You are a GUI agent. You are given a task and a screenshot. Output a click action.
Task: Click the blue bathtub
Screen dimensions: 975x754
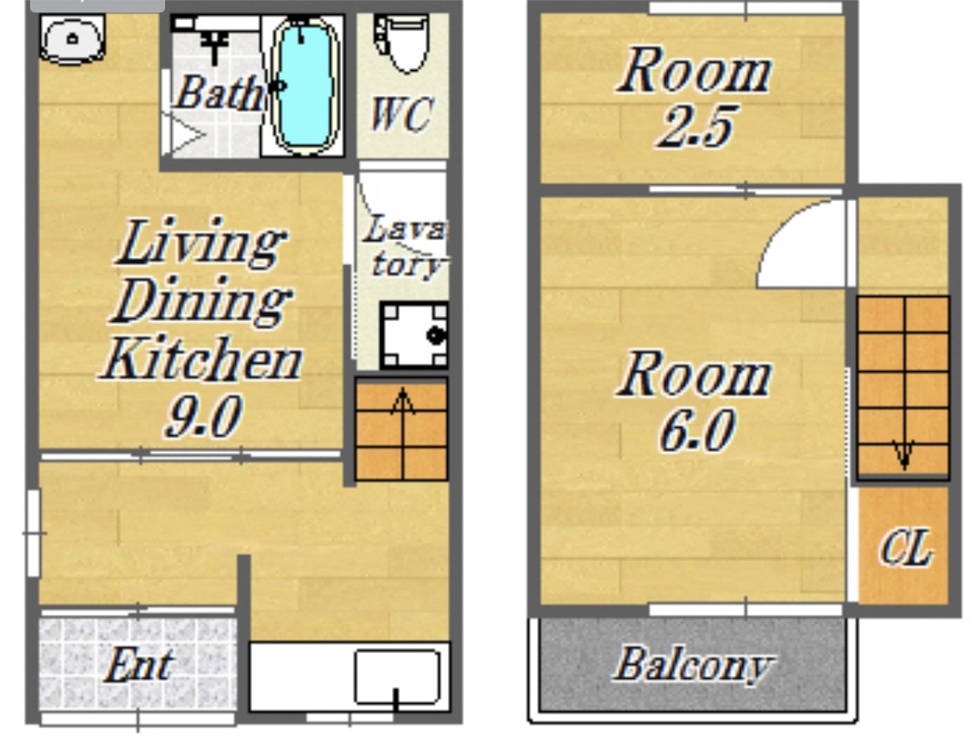point(305,86)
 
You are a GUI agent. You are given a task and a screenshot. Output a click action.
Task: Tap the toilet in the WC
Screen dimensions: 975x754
point(401,43)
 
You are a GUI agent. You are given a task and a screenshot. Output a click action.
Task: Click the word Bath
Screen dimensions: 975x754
point(219,93)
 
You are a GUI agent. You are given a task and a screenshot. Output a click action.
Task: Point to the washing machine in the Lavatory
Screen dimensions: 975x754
point(414,335)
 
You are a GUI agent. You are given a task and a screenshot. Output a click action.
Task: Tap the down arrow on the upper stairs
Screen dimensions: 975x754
point(903,453)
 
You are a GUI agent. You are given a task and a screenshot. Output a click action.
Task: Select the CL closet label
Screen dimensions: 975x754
point(906,547)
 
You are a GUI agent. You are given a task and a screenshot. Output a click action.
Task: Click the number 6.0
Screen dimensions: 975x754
point(697,430)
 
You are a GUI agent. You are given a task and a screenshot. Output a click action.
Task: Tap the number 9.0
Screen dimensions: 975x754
point(203,416)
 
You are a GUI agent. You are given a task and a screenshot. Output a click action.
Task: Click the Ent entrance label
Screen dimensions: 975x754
point(139,665)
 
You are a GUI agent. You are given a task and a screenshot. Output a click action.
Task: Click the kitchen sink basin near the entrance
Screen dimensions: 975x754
point(397,676)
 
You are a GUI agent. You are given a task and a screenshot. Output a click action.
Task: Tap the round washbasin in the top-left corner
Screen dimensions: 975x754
point(72,39)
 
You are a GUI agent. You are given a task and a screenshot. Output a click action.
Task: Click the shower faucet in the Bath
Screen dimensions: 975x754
point(215,43)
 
